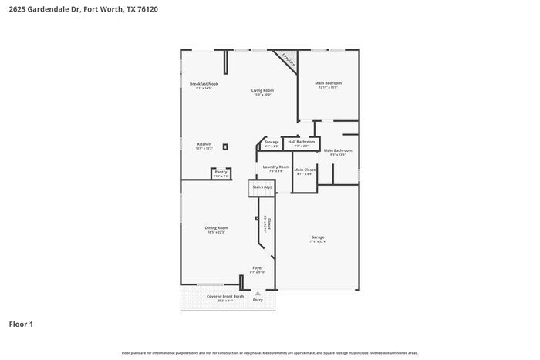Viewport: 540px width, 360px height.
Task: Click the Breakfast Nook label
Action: tap(204, 84)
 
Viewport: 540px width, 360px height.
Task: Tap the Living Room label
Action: tap(262, 91)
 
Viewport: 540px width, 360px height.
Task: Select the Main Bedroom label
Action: tap(328, 83)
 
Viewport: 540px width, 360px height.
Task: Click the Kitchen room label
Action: tap(204, 144)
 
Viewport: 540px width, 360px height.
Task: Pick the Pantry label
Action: tap(221, 172)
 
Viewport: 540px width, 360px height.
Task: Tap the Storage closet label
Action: tap(272, 143)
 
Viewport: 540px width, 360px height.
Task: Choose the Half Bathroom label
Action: tap(301, 142)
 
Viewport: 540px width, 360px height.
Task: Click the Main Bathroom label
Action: tap(338, 151)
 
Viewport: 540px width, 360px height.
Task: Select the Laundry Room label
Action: tap(275, 167)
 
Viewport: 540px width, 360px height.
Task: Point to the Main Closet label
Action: tap(305, 170)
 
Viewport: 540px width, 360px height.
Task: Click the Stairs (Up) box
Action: tap(262, 187)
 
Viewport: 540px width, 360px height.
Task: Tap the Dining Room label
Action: tap(216, 228)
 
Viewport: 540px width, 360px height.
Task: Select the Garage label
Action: tap(318, 237)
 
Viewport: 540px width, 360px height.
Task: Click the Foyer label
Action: tap(258, 268)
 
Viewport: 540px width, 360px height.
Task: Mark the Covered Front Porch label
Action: tap(224, 297)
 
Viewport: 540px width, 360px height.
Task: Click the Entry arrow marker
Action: tap(258, 293)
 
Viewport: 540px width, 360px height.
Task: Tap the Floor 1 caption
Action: tap(21, 324)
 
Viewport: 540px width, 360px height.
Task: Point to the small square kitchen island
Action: tap(225, 146)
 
